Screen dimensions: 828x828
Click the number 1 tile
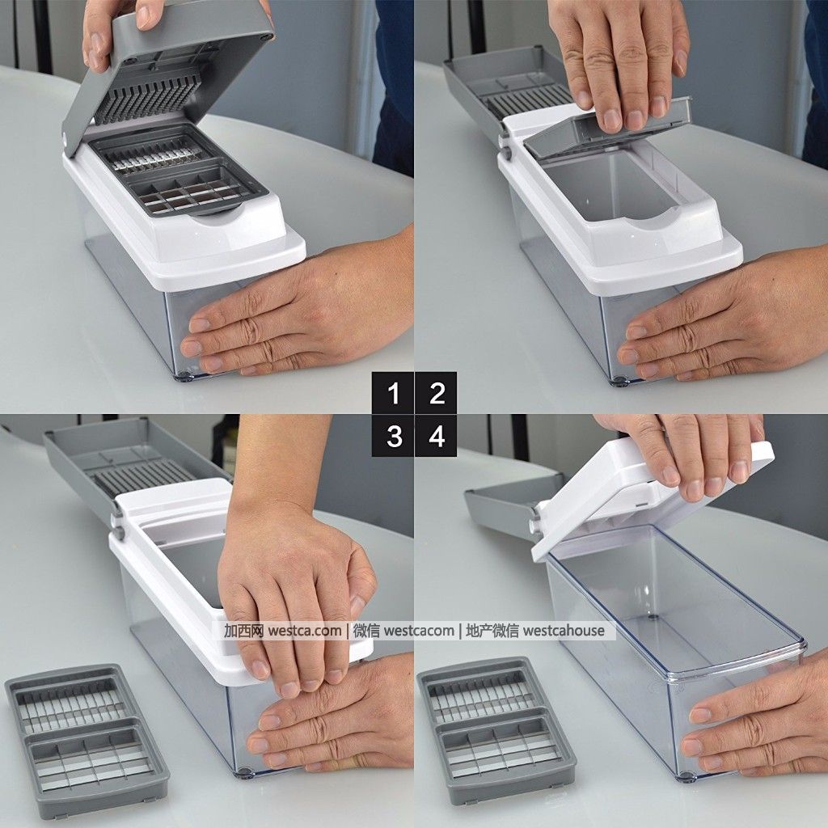pyautogui.click(x=393, y=393)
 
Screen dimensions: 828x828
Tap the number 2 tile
pyautogui.click(x=436, y=393)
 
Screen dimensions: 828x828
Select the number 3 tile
pyautogui.click(x=393, y=436)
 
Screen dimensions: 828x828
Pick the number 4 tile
pyautogui.click(x=436, y=436)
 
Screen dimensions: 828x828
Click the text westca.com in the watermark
pyautogui.click(x=305, y=631)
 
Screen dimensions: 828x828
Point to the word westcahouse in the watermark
pyautogui.click(x=564, y=631)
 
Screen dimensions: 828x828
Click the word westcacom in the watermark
pyautogui.click(x=419, y=631)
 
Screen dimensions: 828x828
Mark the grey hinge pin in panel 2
pyautogui.click(x=505, y=153)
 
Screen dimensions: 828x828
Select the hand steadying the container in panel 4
pyautogui.click(x=755, y=729)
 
